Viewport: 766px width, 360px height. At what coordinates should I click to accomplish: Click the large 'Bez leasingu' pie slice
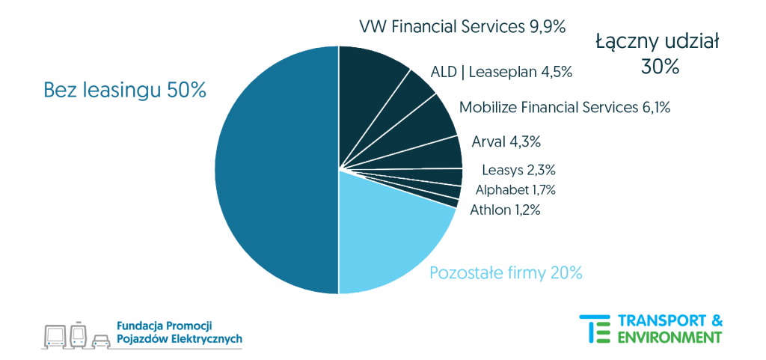(x=277, y=170)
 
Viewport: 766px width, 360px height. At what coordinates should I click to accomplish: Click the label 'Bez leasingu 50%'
(x=125, y=91)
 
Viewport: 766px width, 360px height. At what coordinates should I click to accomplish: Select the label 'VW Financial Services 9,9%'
(x=462, y=27)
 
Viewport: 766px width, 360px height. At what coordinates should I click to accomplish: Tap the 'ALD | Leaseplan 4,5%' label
(x=501, y=72)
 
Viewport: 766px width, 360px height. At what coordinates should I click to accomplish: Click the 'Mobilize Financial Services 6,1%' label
(x=564, y=107)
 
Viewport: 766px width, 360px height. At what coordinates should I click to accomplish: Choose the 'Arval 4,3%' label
(x=506, y=141)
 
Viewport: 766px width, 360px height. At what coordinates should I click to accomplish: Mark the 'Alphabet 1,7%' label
(x=515, y=190)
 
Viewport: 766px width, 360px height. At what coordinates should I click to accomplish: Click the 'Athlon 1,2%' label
(x=505, y=210)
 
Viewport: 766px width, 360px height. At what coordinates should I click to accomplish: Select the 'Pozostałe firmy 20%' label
(x=506, y=273)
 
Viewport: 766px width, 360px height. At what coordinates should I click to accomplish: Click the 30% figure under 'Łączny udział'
(x=659, y=67)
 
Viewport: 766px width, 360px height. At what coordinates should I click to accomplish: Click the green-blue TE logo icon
(x=595, y=329)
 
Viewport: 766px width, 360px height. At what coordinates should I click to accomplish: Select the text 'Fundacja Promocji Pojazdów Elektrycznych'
(x=180, y=332)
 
